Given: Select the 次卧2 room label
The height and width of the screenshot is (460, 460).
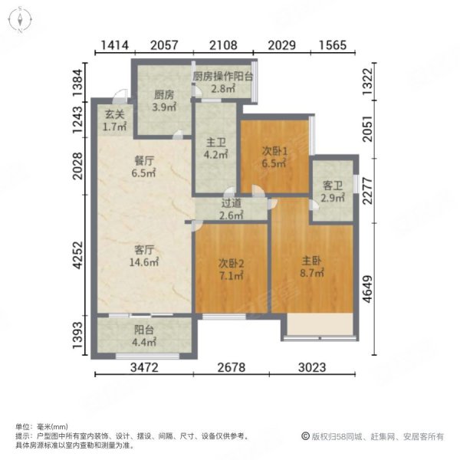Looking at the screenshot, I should point(231,265).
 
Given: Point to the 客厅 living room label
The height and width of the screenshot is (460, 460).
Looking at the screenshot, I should point(145,249).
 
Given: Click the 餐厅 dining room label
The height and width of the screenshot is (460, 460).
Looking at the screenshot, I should point(145,161).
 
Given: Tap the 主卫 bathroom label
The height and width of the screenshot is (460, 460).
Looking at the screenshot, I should point(215,141).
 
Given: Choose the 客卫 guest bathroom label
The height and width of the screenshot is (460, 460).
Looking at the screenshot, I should point(332,186).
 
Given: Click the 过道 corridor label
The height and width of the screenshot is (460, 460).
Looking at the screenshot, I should point(232,204).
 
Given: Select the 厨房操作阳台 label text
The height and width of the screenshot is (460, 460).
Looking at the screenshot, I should point(223,76).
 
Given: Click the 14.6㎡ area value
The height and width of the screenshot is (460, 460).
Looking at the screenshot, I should point(146,261).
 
